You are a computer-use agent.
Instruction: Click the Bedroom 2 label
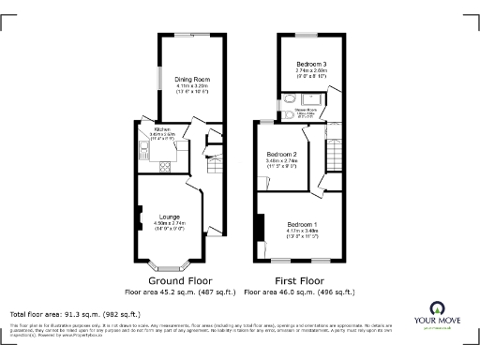click(281, 154)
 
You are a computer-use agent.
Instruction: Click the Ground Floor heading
click(180, 280)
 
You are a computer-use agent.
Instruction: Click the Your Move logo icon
click(438, 308)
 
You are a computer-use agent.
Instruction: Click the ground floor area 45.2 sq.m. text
click(180, 292)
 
